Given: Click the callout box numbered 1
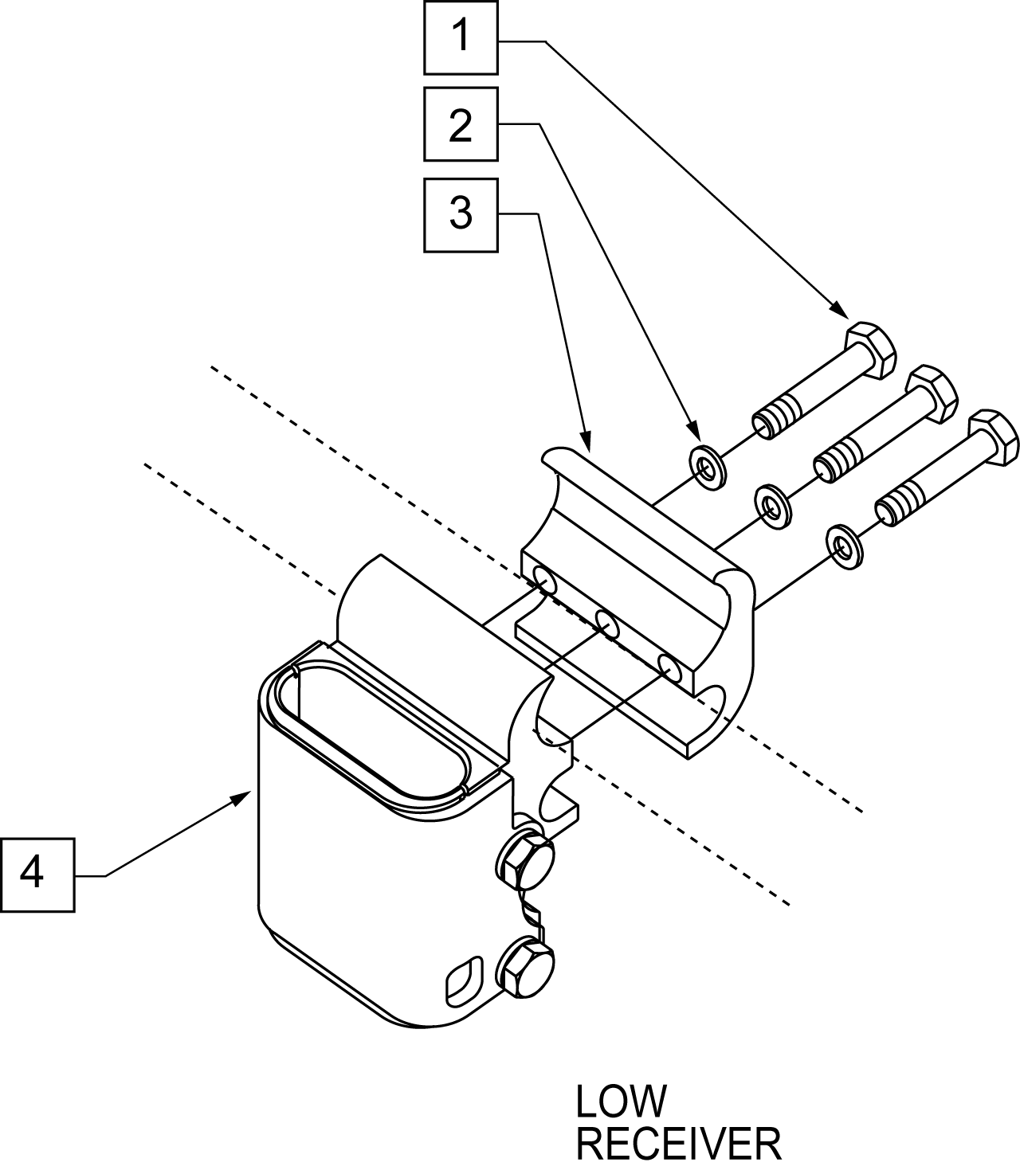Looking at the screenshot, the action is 461,38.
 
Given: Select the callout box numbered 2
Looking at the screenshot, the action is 461,124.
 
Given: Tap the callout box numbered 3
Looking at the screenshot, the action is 461,215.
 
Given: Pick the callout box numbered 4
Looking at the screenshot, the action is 38,875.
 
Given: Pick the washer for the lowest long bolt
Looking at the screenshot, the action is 844,546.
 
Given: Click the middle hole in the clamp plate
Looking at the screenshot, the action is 606,624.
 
